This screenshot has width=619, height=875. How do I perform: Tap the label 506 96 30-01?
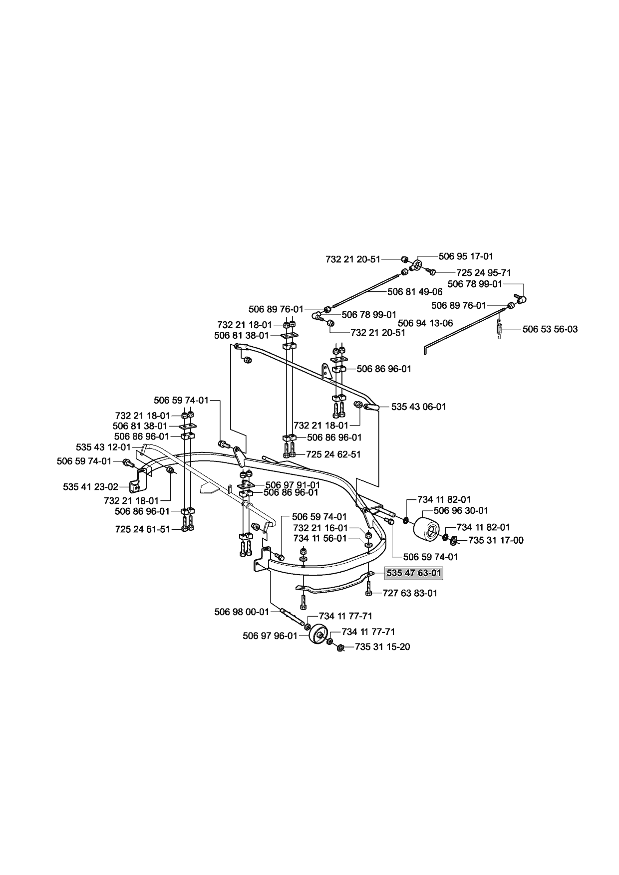click(x=461, y=510)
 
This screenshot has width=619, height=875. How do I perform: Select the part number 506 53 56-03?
click(x=550, y=329)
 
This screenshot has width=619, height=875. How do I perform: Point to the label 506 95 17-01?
click(x=466, y=256)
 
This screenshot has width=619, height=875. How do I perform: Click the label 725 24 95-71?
click(x=484, y=273)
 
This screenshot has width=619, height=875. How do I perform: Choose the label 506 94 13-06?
click(x=425, y=323)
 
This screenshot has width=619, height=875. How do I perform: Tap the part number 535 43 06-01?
click(x=419, y=407)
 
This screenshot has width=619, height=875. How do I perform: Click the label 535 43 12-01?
click(x=103, y=447)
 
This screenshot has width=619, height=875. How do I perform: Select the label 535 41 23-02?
click(x=91, y=486)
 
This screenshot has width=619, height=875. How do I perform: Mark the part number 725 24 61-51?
click(x=142, y=529)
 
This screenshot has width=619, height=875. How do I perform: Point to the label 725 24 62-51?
click(x=333, y=454)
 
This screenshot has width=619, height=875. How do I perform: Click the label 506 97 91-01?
click(x=293, y=484)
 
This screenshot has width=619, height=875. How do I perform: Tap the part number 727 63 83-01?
click(x=410, y=593)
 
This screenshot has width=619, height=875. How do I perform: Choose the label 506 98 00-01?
click(x=242, y=612)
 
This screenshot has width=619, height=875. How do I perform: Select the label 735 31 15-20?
click(x=382, y=647)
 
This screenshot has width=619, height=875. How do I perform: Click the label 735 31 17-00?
click(x=496, y=540)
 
